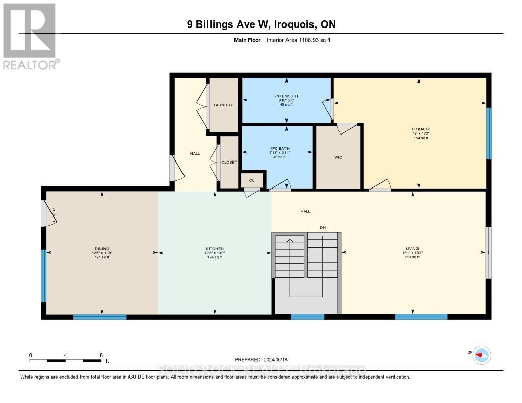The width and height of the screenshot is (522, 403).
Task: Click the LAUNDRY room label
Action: pyautogui.click(x=223, y=105)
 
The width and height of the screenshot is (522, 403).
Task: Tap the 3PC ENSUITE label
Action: pyautogui.click(x=286, y=96)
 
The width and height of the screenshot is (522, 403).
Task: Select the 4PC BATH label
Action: pyautogui.click(x=276, y=148)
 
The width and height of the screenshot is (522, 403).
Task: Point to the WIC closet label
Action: pyautogui.click(x=338, y=157)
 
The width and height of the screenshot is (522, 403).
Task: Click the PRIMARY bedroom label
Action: pyautogui.click(x=421, y=129)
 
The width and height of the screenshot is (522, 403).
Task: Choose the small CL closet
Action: pyautogui.click(x=252, y=180)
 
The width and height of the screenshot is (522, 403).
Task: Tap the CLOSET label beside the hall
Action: pyautogui.click(x=229, y=162)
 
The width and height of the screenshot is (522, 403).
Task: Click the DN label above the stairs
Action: pyautogui.click(x=322, y=227)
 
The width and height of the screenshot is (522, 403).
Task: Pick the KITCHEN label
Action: pyautogui.click(x=215, y=249)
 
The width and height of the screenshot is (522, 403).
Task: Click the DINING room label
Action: pyautogui.click(x=101, y=249)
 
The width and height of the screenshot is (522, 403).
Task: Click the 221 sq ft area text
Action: pyautogui.click(x=411, y=257)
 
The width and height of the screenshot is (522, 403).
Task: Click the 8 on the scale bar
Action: pyautogui.click(x=101, y=355)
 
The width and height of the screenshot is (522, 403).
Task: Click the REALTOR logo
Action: pyautogui.click(x=29, y=36)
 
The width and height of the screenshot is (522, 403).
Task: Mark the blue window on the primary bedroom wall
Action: pyautogui.click(x=488, y=132)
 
